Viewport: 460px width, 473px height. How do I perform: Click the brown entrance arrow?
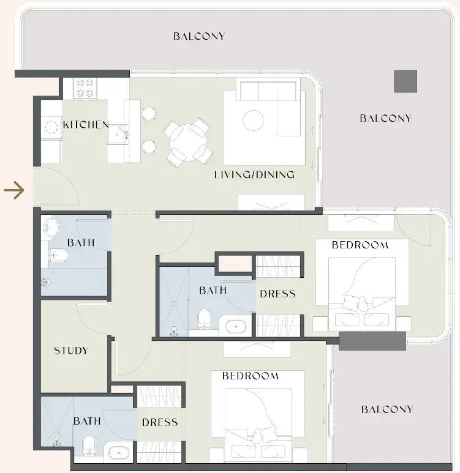(14, 190)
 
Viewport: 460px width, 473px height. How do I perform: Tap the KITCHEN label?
(86, 125)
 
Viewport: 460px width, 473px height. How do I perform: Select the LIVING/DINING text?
(254, 174)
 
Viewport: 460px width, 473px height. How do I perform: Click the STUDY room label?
(71, 351)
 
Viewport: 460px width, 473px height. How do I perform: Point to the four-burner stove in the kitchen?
(85, 88)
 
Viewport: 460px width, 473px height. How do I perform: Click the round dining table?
(188, 142)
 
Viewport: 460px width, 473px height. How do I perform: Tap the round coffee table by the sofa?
(253, 121)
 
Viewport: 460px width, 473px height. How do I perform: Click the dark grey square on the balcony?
(405, 81)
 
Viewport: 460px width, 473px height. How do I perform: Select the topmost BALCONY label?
(199, 36)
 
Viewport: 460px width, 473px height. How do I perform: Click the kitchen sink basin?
(118, 135)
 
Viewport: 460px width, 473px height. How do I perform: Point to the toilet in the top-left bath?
(59, 256)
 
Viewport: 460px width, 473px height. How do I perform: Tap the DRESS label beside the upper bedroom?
(277, 294)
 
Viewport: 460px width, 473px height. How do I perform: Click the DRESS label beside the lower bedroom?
(160, 422)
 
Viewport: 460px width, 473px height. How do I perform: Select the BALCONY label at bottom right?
(387, 409)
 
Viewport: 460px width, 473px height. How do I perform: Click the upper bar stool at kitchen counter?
(149, 113)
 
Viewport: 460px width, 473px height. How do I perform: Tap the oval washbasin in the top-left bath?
(51, 227)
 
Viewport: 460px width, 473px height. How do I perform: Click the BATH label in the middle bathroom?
(213, 290)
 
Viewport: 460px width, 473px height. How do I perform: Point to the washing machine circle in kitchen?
(51, 127)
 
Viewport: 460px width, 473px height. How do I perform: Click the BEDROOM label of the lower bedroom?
(251, 376)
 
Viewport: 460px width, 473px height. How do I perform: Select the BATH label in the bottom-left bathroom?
(87, 421)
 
